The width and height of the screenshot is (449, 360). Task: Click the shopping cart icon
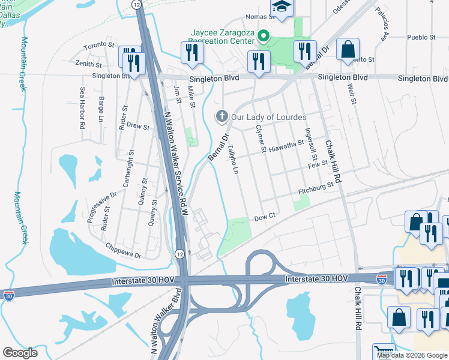(x=382, y=351)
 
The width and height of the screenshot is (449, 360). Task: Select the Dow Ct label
(x=264, y=217)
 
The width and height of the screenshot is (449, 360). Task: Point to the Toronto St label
(x=99, y=45)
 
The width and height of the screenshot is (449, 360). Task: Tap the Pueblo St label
(x=421, y=37)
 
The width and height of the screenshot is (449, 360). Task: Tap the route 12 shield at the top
(x=137, y=4)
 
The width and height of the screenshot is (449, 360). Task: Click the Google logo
(x=20, y=352)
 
